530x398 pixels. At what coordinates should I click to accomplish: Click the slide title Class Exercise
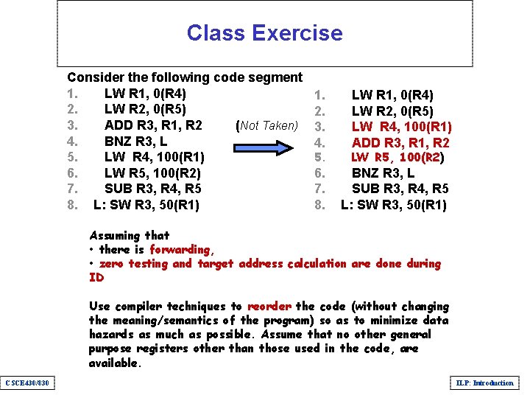(x=264, y=33)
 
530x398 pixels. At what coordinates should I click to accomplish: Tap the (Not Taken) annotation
(x=266, y=125)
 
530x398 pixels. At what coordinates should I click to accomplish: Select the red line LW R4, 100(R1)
(x=401, y=127)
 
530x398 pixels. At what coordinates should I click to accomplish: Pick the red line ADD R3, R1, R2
(x=400, y=142)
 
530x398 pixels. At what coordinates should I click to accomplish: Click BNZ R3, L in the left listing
(x=135, y=141)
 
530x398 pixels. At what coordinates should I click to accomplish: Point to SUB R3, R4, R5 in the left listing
(x=152, y=188)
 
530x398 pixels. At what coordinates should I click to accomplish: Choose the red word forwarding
(x=180, y=250)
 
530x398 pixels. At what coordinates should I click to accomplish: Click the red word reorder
(x=269, y=306)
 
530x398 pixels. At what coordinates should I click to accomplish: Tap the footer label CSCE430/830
(x=27, y=383)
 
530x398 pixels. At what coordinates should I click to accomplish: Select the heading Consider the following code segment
(x=185, y=77)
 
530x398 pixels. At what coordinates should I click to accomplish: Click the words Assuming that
(x=129, y=236)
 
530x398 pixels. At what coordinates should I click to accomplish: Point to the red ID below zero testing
(x=96, y=278)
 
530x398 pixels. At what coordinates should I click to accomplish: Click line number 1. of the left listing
(x=72, y=94)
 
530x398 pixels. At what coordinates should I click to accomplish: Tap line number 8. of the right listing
(x=319, y=205)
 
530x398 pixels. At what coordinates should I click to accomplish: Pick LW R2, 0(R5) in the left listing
(x=145, y=109)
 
